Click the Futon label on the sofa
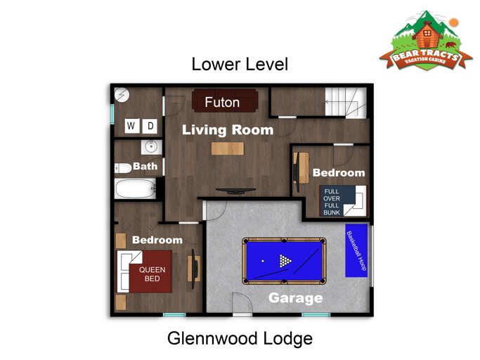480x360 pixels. coord(222,103)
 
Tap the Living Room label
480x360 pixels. coord(228,130)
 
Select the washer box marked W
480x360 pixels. coord(131,127)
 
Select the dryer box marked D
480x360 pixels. coord(150,127)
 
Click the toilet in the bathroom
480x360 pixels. coord(123,167)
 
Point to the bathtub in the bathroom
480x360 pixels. coord(134,188)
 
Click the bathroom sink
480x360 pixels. coord(150,147)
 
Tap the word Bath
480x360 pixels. coord(145,167)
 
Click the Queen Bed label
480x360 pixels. coord(153,274)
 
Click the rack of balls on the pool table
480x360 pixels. coord(285,261)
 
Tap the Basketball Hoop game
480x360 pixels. coord(356,251)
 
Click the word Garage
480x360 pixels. coord(295,298)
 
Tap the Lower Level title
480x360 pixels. coord(240,65)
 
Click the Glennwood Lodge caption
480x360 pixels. coord(240,338)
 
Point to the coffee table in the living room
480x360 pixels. coord(228,148)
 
